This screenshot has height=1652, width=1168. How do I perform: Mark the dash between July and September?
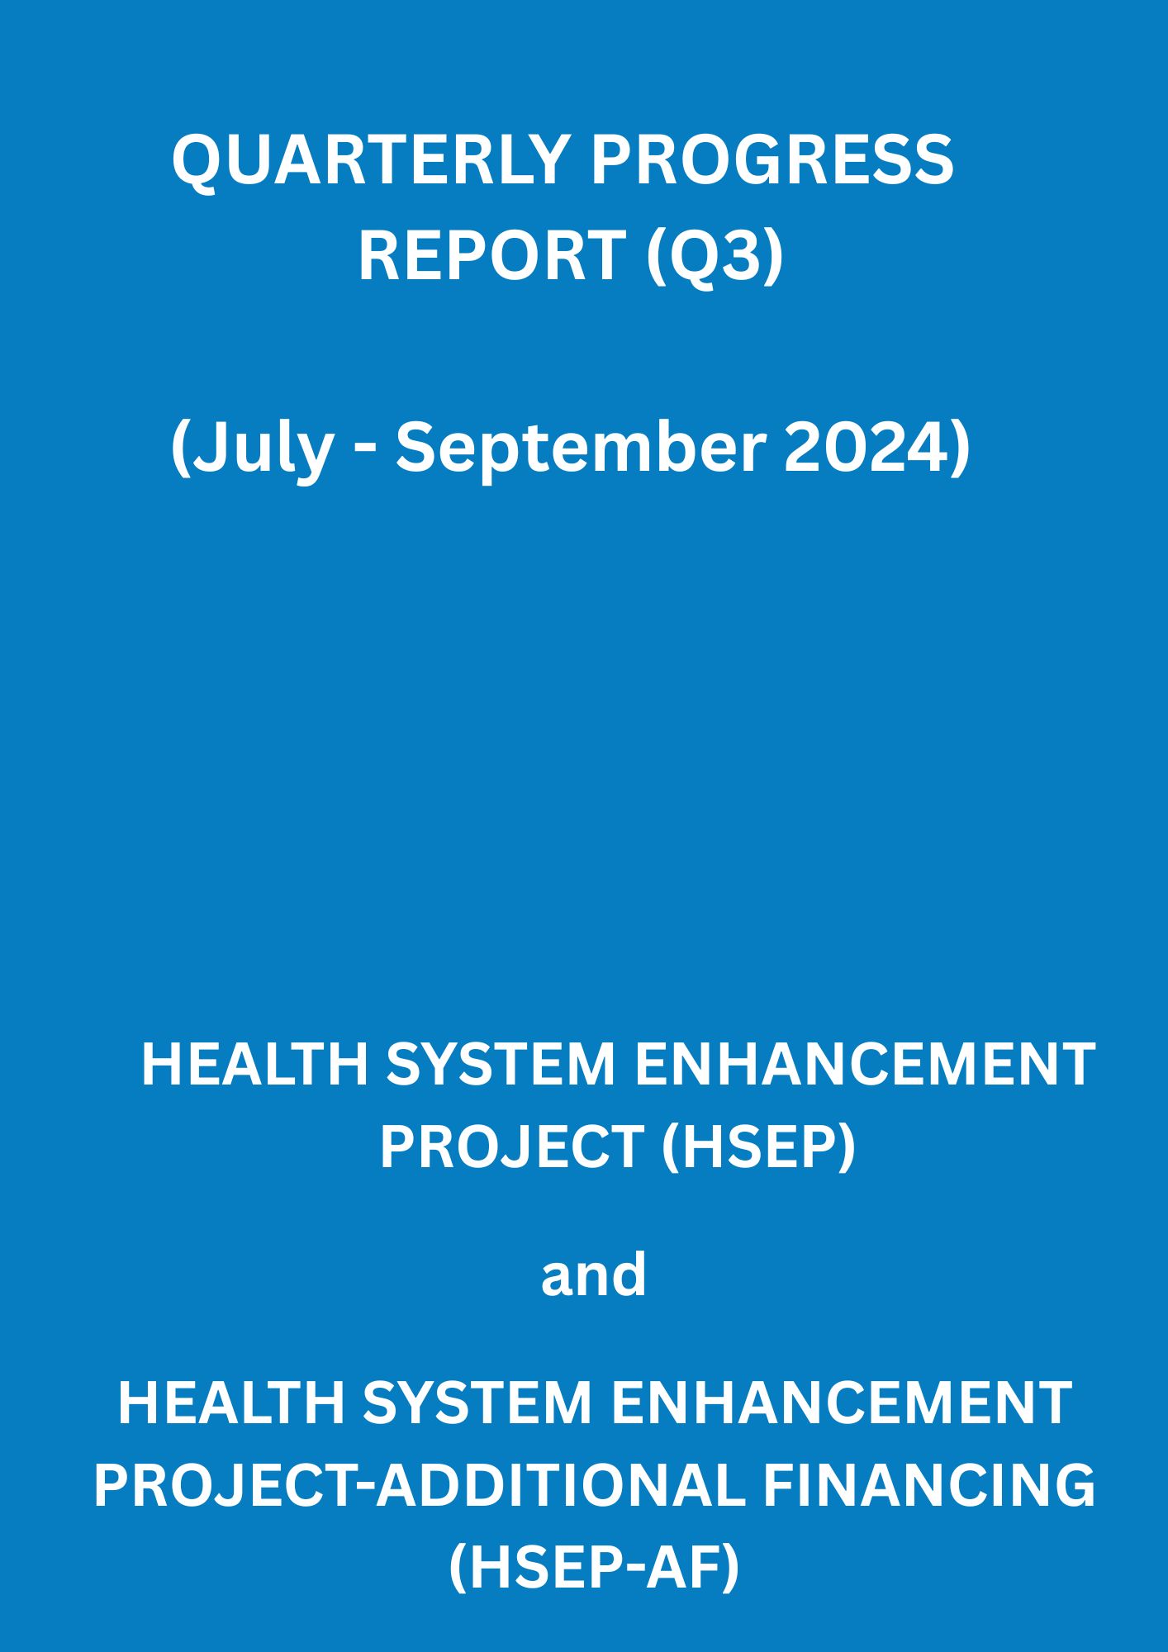[x=365, y=453]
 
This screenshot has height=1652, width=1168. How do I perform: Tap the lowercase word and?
[x=593, y=1275]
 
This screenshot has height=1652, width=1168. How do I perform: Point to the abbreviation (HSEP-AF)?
[x=594, y=1569]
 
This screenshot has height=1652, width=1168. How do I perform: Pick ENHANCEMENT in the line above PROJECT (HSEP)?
[x=865, y=1064]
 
